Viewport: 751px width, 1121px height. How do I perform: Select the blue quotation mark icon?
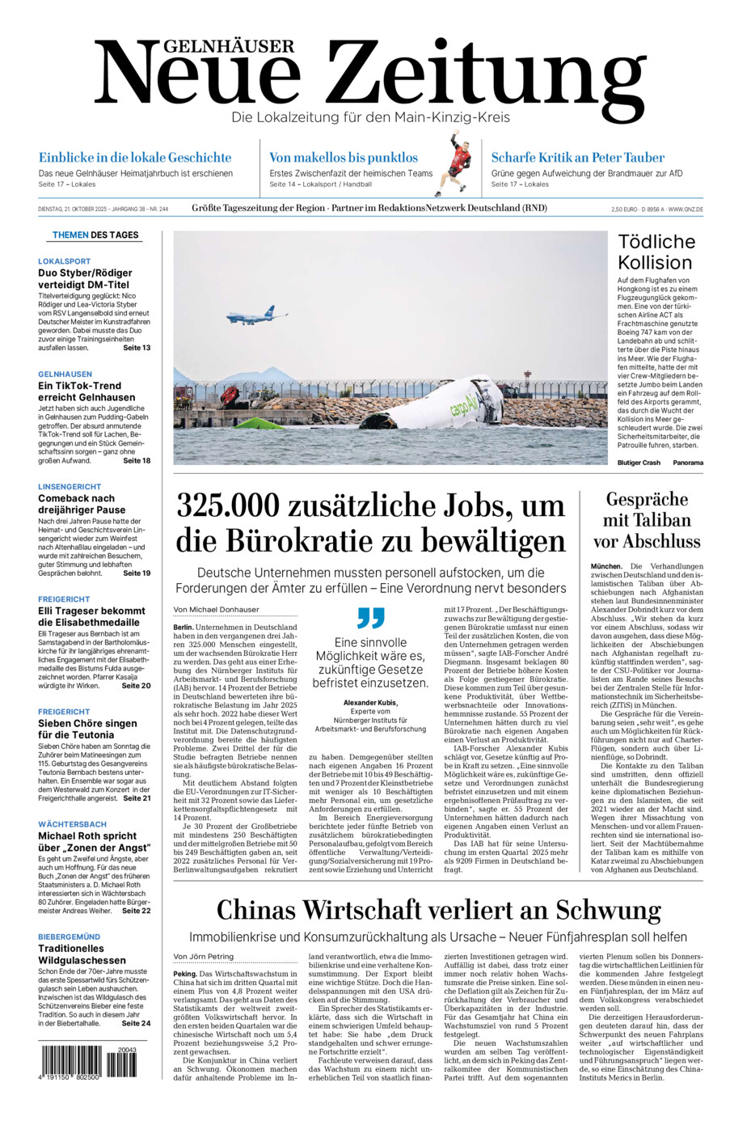pyautogui.click(x=370, y=618)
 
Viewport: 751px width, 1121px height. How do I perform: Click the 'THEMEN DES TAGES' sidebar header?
pyautogui.click(x=95, y=235)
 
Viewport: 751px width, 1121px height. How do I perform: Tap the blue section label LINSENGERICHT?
pyautogui.click(x=70, y=487)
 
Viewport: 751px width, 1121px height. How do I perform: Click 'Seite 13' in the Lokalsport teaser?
pyautogui.click(x=137, y=348)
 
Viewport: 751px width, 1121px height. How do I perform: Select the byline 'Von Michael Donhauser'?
pyautogui.click(x=216, y=609)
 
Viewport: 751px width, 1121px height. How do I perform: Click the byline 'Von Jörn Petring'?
pyautogui.click(x=204, y=956)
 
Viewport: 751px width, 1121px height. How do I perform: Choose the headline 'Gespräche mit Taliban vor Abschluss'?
pyautogui.click(x=647, y=520)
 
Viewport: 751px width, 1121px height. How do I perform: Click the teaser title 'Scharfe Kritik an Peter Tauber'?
pyautogui.click(x=577, y=158)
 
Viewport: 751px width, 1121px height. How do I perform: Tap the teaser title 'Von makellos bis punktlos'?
pyautogui.click(x=344, y=158)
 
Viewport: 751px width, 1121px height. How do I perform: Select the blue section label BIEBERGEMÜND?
pyautogui.click(x=70, y=937)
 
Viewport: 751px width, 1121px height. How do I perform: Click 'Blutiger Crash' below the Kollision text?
pyautogui.click(x=639, y=463)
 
